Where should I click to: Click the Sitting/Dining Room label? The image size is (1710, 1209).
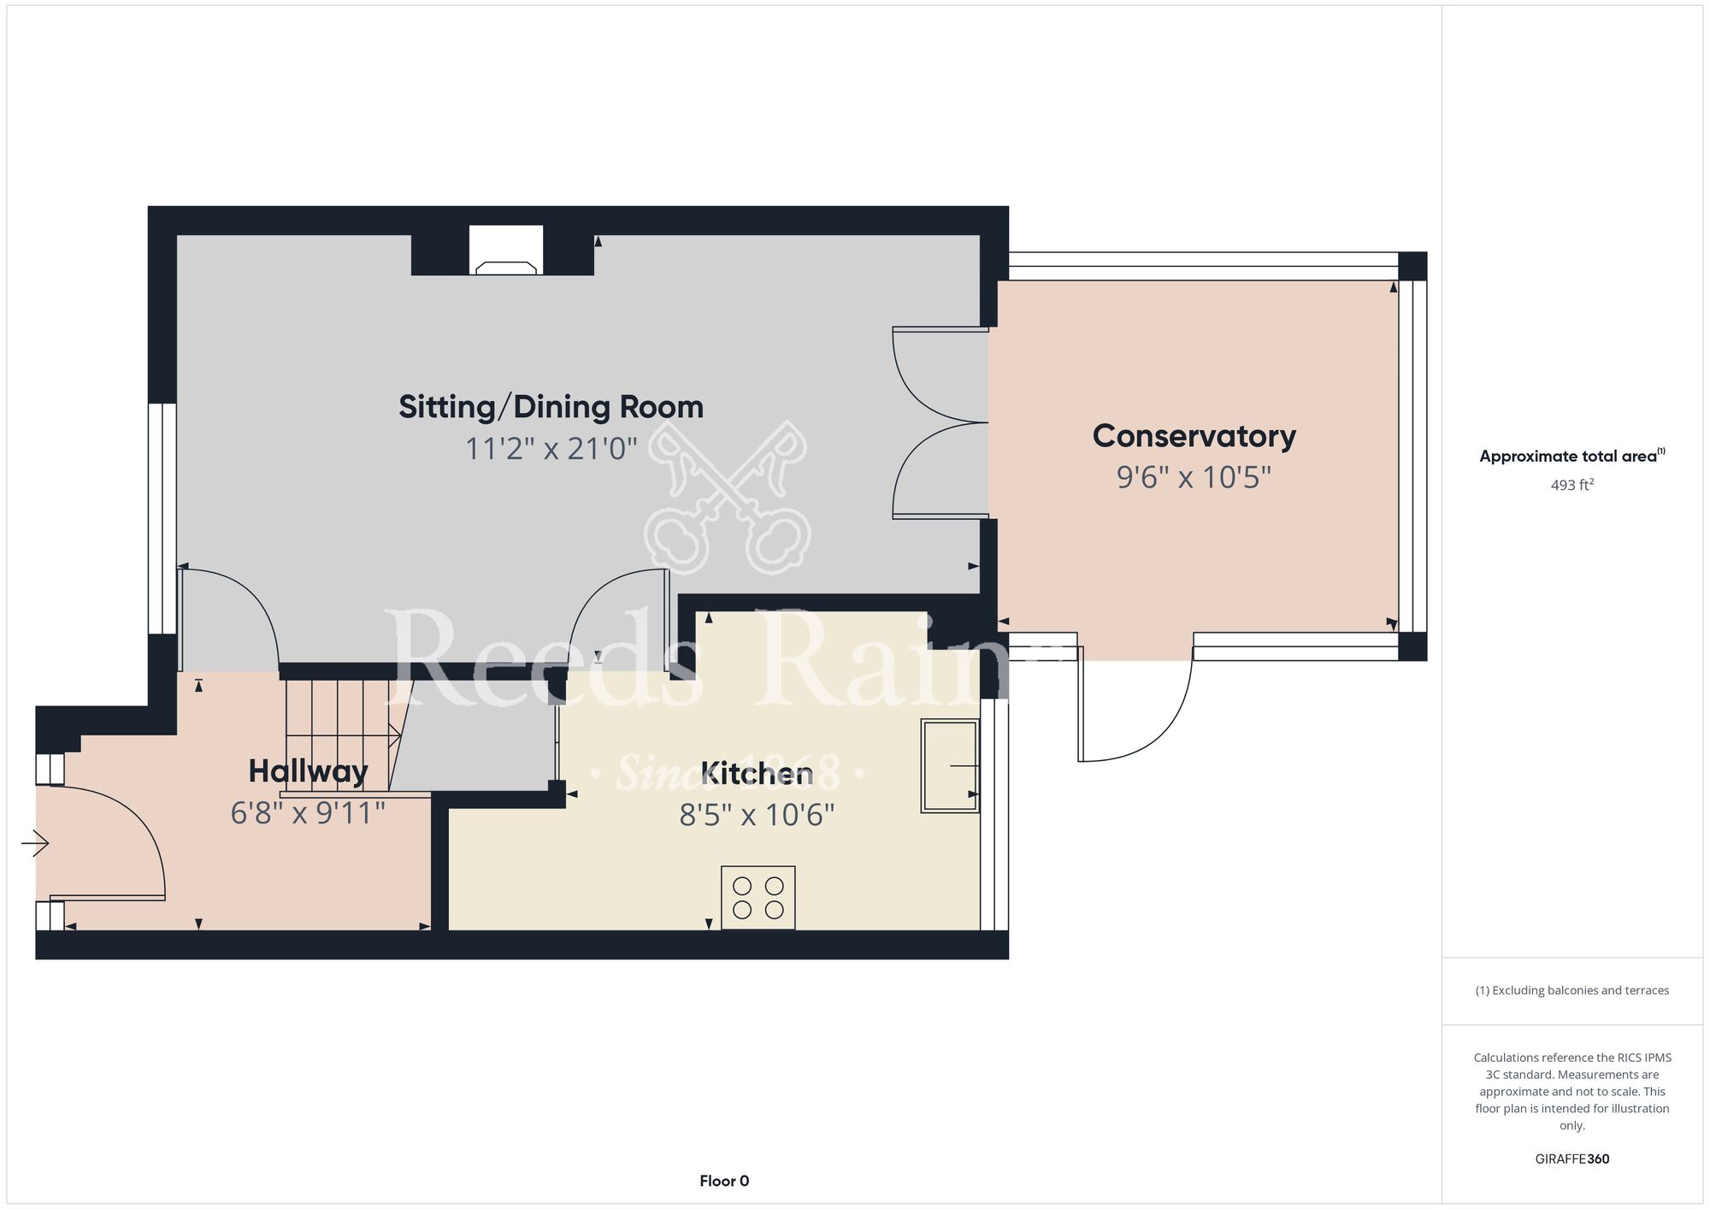pos(551,408)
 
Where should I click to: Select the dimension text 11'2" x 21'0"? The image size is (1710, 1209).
pos(551,449)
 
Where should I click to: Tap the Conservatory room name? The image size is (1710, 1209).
pos(1194,437)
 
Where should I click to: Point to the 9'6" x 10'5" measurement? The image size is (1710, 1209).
pos(1194,477)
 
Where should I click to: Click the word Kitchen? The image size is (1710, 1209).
pos(757,774)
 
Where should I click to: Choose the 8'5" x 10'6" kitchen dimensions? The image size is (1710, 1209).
pos(757,815)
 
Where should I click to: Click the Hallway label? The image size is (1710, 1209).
pos(308,771)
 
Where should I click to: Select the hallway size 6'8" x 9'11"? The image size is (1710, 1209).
pos(308,812)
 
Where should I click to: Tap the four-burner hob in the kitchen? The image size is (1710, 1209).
pos(758,898)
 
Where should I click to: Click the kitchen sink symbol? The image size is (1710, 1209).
pos(950,766)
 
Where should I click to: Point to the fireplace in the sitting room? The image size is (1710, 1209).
pos(506,251)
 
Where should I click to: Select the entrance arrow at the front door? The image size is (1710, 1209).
pos(35,844)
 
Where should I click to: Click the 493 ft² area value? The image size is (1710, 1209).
pos(1572,485)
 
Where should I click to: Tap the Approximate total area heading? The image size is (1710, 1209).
pos(1572,456)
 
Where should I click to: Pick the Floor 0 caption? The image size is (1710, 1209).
pos(724,1181)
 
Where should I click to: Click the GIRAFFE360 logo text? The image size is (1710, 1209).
pos(1572,1159)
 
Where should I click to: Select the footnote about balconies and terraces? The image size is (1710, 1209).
pos(1572,990)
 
